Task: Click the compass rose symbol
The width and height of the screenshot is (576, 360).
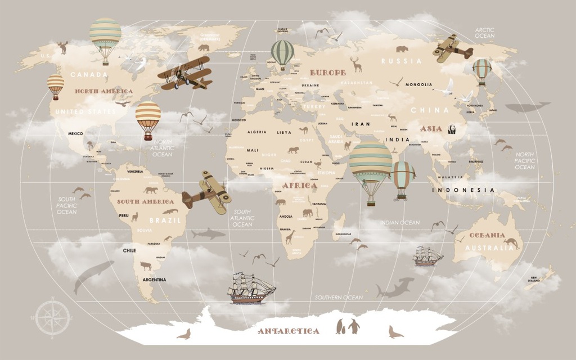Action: (54, 317)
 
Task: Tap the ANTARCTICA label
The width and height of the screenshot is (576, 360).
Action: (289, 331)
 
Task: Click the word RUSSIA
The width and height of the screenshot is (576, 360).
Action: (401, 61)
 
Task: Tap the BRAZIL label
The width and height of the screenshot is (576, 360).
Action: (165, 220)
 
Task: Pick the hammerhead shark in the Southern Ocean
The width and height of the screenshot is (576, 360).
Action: (394, 288)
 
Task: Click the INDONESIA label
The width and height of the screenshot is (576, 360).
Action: (463, 190)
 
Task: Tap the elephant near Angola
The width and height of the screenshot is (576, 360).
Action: (307, 213)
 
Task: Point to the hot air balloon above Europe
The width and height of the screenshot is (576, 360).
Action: (282, 55)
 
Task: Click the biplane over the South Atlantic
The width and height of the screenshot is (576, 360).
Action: (206, 190)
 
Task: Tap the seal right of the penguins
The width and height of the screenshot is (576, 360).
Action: (395, 332)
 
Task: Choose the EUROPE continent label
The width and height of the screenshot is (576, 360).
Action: (327, 73)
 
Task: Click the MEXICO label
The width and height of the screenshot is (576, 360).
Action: (75, 133)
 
